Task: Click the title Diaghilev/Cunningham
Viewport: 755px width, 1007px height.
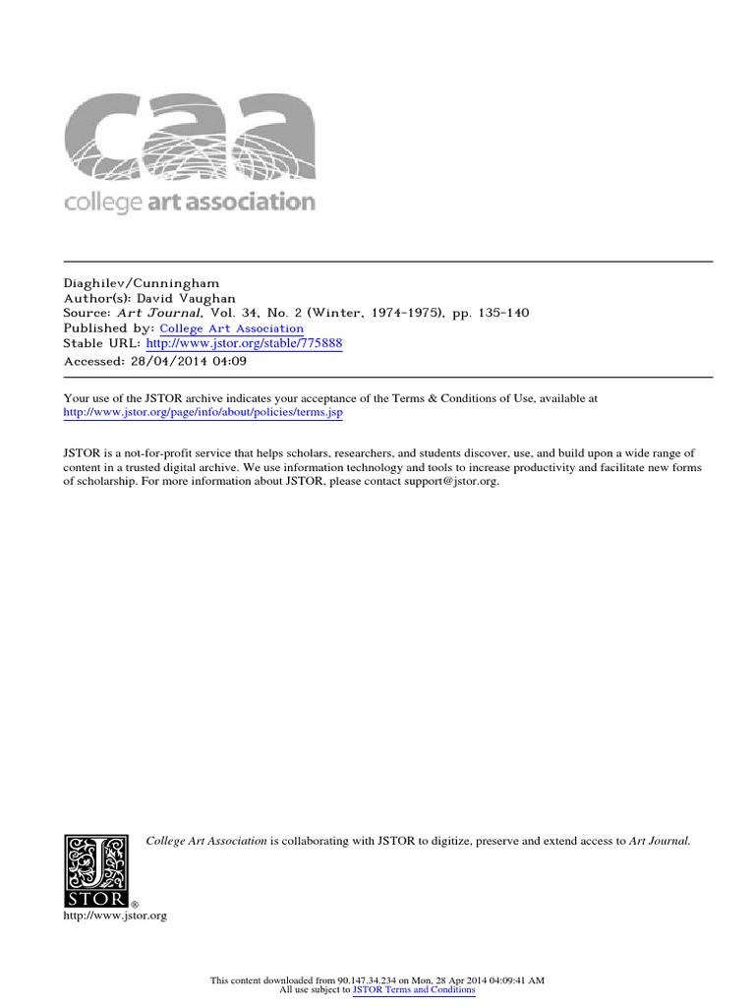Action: click(141, 282)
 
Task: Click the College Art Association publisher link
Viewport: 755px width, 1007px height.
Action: click(231, 328)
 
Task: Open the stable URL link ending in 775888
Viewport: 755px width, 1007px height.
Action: click(244, 344)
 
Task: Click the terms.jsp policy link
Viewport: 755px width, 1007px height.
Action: click(203, 413)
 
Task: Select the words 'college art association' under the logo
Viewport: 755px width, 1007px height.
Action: click(190, 204)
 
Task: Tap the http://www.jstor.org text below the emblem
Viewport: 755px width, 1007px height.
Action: click(115, 916)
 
